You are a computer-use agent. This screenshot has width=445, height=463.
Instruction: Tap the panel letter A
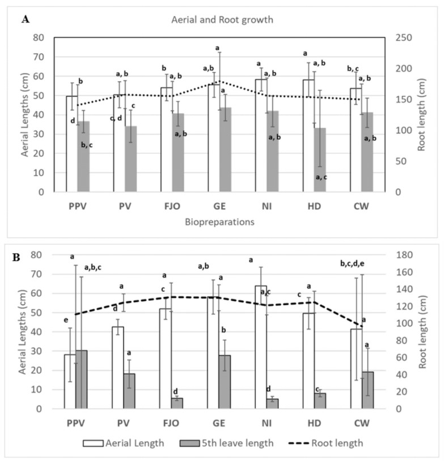[x=25, y=19]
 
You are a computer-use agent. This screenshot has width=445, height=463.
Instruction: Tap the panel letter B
[x=16, y=257]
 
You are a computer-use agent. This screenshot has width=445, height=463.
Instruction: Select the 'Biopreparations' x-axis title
[x=218, y=222]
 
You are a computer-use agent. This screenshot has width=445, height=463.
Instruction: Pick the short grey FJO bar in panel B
[x=177, y=403]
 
